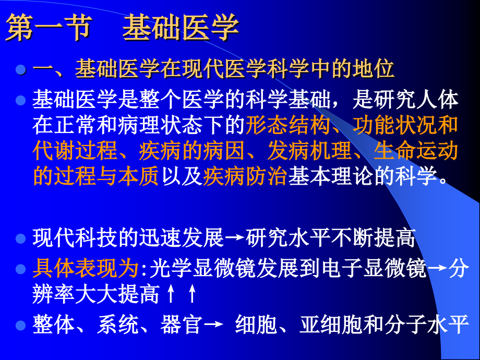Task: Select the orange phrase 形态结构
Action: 288,125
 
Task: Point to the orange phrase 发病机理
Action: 309,151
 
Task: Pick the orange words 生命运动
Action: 416,151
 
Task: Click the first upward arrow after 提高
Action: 170,295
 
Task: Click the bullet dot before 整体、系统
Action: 21,325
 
